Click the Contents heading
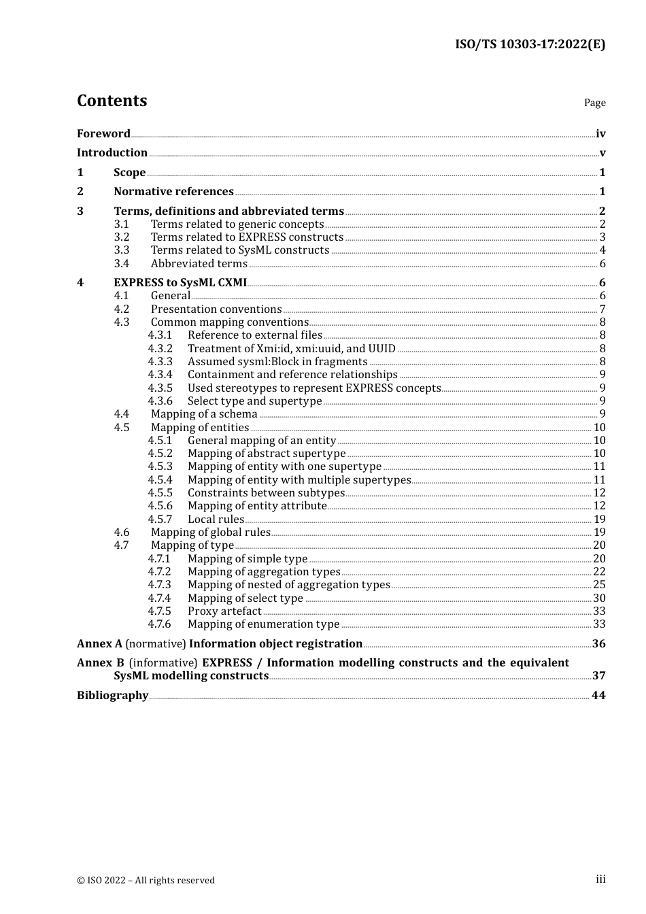coord(112,101)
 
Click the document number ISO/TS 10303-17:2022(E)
coord(530,44)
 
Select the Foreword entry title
coord(103,134)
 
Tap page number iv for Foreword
coord(600,134)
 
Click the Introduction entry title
coord(112,153)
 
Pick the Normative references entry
coord(173,192)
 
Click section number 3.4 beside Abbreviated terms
coord(122,264)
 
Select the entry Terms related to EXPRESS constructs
coord(247,237)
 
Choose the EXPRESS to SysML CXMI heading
coord(180,283)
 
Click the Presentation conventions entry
coord(216,309)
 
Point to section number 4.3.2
coord(160,349)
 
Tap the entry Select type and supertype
coord(254,401)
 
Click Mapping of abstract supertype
coord(267,454)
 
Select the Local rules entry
coord(216,520)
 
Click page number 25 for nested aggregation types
coord(599,585)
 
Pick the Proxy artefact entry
coord(224,611)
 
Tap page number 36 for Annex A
coord(598,644)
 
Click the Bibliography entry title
coord(112,696)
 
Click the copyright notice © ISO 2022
coord(146,881)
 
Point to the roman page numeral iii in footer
coord(600,879)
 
